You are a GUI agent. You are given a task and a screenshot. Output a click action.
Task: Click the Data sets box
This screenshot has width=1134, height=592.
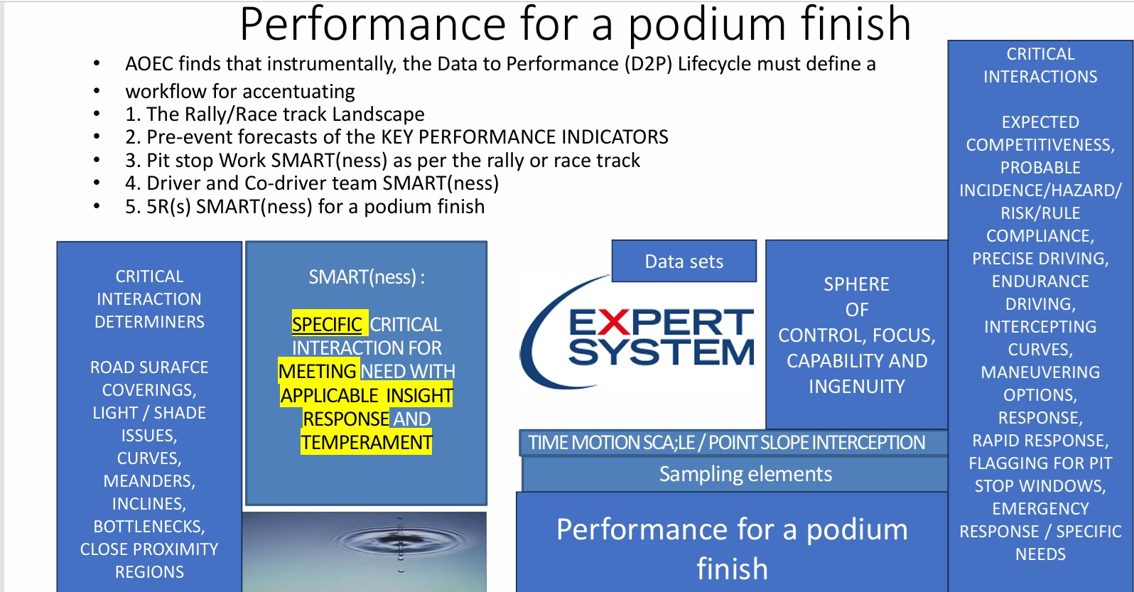tap(684, 262)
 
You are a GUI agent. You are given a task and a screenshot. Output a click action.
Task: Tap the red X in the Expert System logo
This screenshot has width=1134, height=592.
tap(614, 323)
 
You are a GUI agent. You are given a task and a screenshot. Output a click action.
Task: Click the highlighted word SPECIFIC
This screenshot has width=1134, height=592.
tap(327, 324)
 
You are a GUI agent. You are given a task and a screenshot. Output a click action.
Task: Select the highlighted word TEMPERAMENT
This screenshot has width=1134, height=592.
tap(367, 442)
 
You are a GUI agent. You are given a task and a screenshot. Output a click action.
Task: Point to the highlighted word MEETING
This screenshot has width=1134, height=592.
tap(318, 371)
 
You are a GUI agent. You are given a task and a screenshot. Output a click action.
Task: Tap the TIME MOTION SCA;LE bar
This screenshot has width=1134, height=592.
tap(733, 443)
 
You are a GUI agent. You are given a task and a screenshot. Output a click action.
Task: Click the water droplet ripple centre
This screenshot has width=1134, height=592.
tap(400, 537)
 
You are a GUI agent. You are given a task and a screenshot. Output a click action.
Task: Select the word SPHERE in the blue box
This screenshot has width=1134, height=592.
tap(857, 284)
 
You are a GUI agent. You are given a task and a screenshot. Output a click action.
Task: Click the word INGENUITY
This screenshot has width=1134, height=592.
tap(857, 387)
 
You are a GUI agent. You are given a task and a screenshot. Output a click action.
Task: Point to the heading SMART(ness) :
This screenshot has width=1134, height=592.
tap(367, 277)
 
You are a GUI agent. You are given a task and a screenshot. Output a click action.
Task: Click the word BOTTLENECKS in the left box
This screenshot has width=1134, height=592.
tap(149, 527)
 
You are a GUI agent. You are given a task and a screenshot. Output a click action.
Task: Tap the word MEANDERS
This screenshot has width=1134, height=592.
tap(149, 481)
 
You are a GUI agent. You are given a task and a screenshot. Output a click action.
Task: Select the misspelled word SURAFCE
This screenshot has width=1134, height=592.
tap(172, 367)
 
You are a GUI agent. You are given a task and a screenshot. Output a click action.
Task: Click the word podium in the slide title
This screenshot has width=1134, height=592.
tap(707, 26)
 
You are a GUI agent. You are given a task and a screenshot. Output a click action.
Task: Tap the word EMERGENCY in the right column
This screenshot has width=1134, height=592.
tap(1040, 508)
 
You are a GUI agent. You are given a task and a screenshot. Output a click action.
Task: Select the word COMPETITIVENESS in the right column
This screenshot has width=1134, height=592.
tap(1040, 145)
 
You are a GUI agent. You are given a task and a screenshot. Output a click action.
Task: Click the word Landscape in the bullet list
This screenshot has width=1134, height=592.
tap(378, 114)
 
